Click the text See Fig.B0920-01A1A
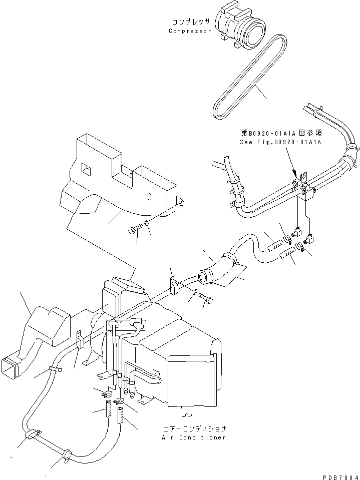click(x=280, y=142)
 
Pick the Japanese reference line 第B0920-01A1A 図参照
click(x=280, y=134)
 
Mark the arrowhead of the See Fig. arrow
click(x=296, y=174)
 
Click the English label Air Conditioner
click(x=193, y=437)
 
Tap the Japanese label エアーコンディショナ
click(x=194, y=429)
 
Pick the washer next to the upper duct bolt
click(x=146, y=223)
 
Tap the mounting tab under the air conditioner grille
click(x=187, y=412)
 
